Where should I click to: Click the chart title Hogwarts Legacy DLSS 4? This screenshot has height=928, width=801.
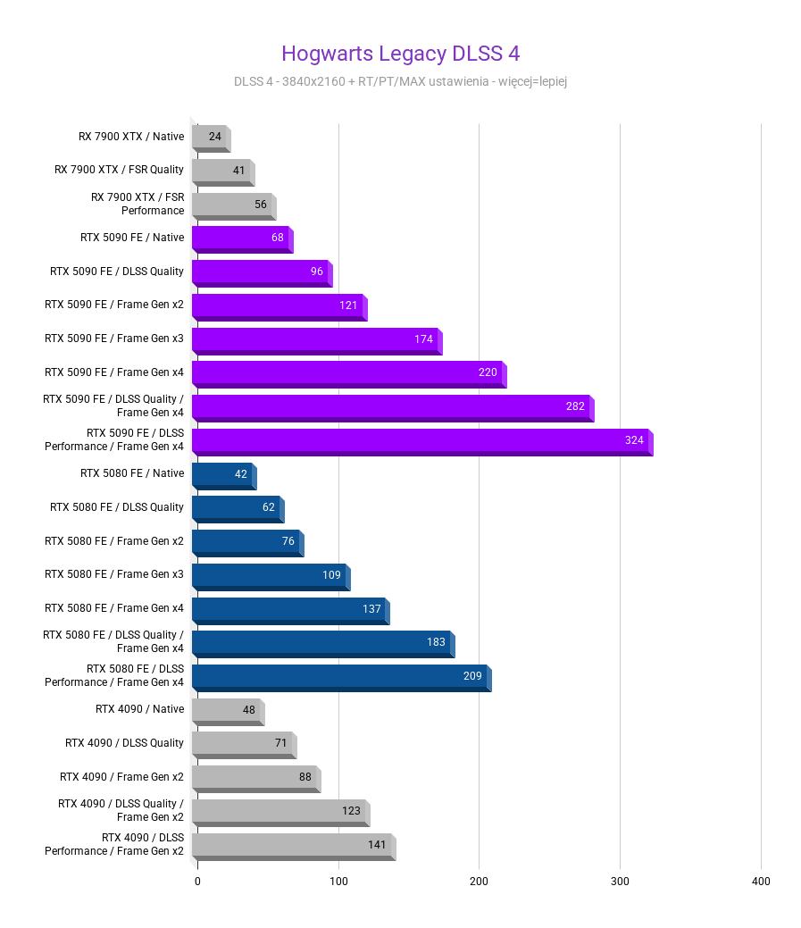click(x=400, y=54)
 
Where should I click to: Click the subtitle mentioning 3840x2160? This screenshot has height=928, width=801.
click(x=400, y=82)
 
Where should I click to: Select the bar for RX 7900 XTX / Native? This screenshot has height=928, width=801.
click(x=211, y=138)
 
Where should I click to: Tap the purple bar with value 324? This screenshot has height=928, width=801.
click(x=420, y=441)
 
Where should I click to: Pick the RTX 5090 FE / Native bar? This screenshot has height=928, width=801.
click(x=241, y=238)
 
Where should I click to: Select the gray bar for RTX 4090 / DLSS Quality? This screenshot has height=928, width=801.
click(x=242, y=744)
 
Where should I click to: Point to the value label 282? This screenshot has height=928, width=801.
click(x=575, y=406)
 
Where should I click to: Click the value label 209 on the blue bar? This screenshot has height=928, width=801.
click(x=472, y=676)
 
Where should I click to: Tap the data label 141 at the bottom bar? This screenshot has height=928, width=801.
click(x=377, y=845)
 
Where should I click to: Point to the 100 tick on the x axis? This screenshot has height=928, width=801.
click(x=338, y=882)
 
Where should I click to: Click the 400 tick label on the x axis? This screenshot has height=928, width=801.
click(x=761, y=882)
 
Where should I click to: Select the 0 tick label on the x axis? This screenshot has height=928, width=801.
click(x=197, y=882)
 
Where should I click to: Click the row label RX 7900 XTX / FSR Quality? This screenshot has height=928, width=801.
click(x=119, y=170)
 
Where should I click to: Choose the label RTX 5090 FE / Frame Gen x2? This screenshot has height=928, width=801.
click(x=114, y=305)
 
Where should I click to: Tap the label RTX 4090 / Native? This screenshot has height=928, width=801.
click(x=139, y=709)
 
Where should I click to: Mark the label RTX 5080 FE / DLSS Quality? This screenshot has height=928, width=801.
click(x=117, y=507)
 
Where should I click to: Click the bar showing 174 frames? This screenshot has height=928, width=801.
click(x=314, y=340)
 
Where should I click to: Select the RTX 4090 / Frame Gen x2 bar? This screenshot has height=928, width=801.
click(x=254, y=778)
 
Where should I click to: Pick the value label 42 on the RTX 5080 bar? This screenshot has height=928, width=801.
click(x=241, y=474)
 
